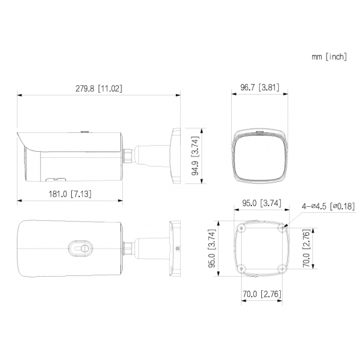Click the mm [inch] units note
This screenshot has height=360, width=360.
329,56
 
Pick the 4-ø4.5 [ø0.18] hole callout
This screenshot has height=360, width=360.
327,206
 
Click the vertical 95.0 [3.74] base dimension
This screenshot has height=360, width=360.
212,249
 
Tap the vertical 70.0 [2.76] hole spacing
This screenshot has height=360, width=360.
306,249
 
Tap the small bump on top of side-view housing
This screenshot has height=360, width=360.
85,132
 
